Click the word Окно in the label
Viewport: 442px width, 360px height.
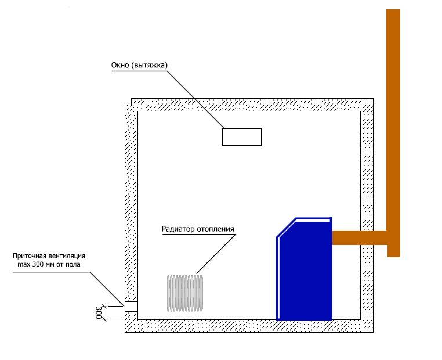(x=121, y=66)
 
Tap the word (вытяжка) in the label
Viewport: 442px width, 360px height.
(x=150, y=66)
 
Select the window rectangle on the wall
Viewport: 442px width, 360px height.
(x=242, y=137)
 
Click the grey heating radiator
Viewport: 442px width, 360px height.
(x=185, y=293)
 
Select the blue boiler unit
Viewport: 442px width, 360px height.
(x=305, y=269)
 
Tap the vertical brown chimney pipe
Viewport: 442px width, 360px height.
(x=393, y=132)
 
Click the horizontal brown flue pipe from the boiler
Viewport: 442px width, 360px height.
(x=360, y=237)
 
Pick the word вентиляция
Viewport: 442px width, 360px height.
(x=67, y=256)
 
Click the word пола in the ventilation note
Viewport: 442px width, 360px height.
(x=73, y=265)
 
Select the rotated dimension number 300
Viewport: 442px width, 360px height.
(x=99, y=312)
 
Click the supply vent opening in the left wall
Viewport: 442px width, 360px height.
(x=131, y=307)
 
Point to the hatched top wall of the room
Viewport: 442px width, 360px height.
(x=252, y=105)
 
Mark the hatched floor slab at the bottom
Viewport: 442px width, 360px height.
(x=249, y=326)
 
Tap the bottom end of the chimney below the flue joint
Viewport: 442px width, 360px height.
(x=394, y=255)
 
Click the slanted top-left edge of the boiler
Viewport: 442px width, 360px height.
(x=287, y=228)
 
